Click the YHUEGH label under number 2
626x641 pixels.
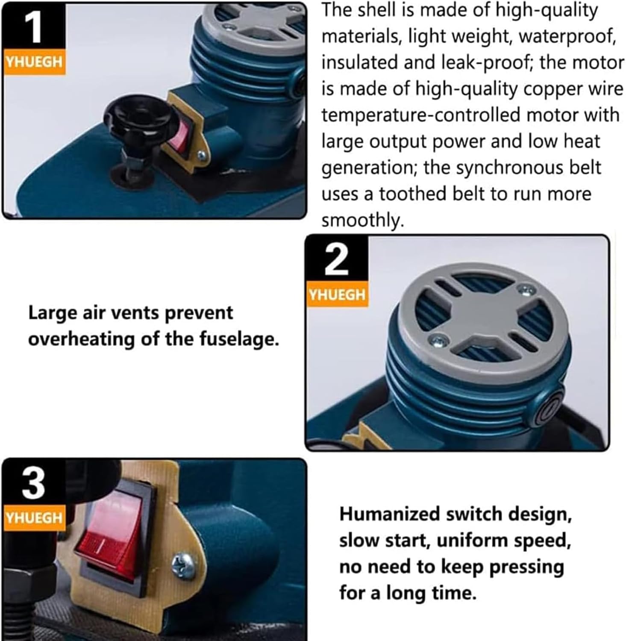(x=337, y=294)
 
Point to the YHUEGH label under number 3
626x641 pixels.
(x=34, y=518)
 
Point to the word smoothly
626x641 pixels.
(x=362, y=221)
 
